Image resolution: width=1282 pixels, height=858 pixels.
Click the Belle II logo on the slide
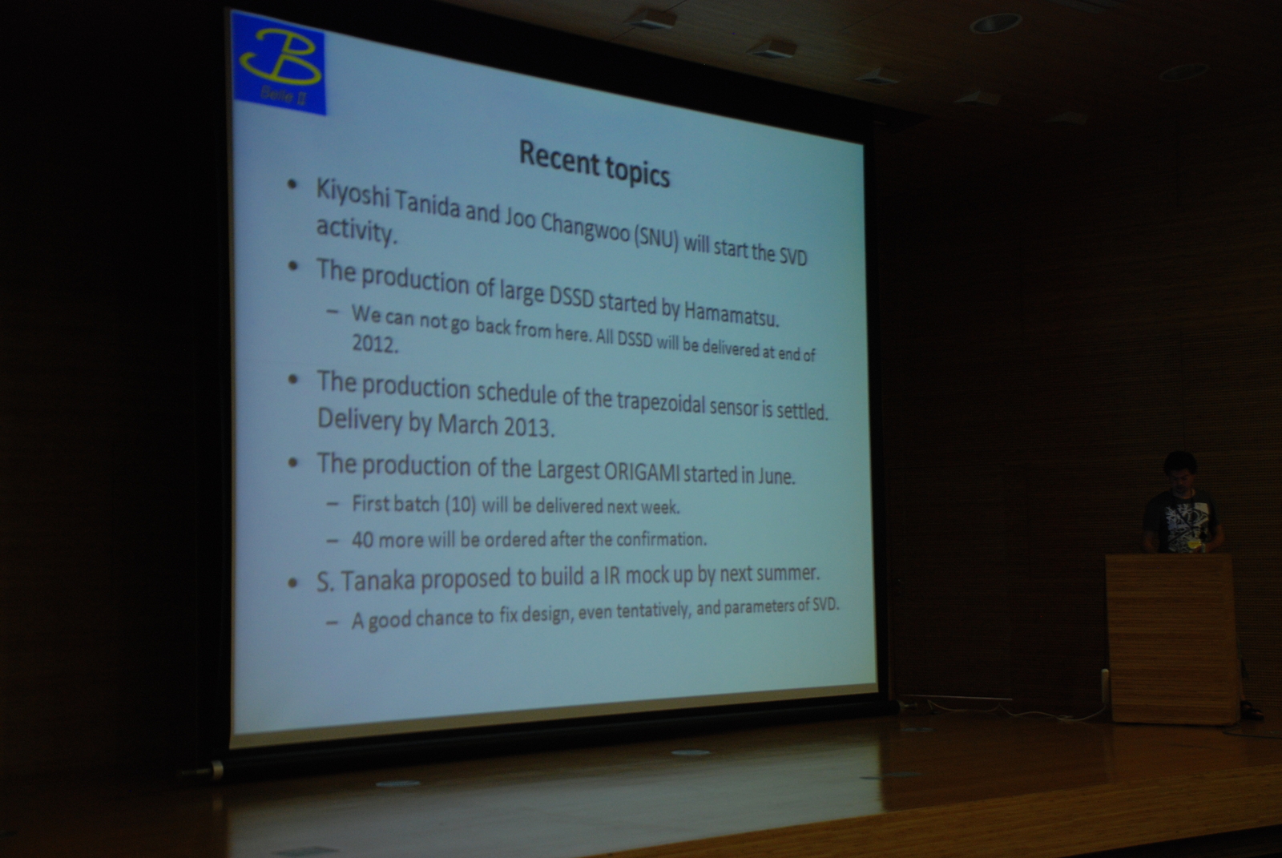(279, 63)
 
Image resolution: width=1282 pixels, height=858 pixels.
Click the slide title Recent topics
(594, 163)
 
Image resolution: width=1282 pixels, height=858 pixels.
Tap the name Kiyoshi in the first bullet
(353, 194)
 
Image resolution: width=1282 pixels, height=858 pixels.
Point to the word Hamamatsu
(732, 314)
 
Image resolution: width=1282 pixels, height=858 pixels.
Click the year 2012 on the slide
(375, 344)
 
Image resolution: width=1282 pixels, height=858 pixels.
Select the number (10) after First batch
(461, 505)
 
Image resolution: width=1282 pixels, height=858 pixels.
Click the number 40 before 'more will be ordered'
(363, 540)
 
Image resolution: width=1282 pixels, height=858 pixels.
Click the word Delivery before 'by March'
(360, 420)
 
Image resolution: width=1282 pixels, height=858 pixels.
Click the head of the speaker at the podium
(1180, 473)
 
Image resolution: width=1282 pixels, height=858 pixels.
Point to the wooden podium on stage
(1171, 638)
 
